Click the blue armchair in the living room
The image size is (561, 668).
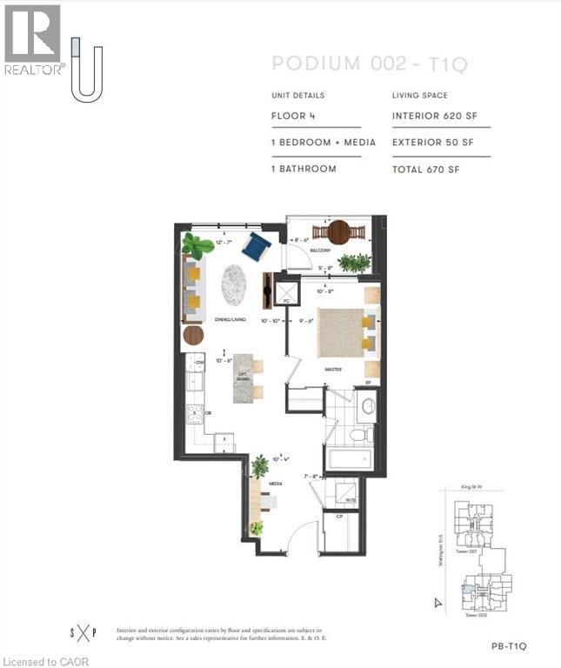pyautogui.click(x=257, y=245)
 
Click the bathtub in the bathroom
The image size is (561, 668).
pyautogui.click(x=349, y=458)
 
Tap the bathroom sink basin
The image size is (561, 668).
pyautogui.click(x=367, y=405)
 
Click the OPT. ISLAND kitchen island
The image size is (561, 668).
pyautogui.click(x=246, y=377)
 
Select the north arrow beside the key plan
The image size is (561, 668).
pyautogui.click(x=438, y=602)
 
